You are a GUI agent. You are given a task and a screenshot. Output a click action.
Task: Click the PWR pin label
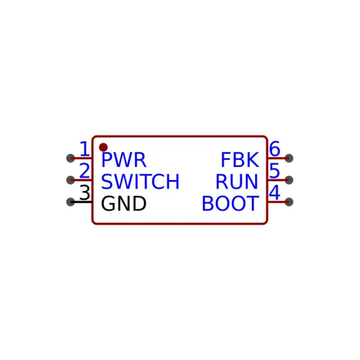click(x=124, y=160)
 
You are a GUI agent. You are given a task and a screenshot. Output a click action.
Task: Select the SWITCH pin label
click(x=140, y=181)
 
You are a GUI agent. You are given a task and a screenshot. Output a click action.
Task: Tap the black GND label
click(x=124, y=204)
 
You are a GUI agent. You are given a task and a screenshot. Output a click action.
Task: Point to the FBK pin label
click(x=240, y=160)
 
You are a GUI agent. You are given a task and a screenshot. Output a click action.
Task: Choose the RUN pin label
click(x=237, y=181)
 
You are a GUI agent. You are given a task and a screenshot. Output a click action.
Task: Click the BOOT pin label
click(x=230, y=204)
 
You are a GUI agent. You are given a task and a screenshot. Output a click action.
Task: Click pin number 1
click(x=84, y=149)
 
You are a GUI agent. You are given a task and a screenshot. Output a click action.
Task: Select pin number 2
click(x=84, y=171)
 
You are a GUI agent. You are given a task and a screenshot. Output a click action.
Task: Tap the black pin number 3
click(x=84, y=192)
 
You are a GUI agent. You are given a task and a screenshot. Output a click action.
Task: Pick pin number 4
click(x=275, y=192)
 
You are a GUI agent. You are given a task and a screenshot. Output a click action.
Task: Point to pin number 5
click(x=275, y=171)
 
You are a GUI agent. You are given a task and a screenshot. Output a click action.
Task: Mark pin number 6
click(x=275, y=149)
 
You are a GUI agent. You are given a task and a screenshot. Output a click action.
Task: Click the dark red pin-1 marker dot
click(x=103, y=147)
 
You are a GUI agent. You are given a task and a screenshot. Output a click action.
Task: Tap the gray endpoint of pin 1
click(x=71, y=158)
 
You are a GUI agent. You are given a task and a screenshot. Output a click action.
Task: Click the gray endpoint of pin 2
click(x=71, y=180)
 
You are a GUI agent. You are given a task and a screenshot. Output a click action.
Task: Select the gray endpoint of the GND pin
click(x=71, y=202)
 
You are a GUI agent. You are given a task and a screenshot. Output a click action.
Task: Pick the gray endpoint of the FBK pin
click(x=289, y=158)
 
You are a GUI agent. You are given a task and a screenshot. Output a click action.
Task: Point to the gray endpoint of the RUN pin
click(x=289, y=180)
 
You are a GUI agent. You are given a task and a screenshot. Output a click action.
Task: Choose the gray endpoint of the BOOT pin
click(x=289, y=202)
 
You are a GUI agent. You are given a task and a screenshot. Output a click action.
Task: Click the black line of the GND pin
click(x=81, y=202)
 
